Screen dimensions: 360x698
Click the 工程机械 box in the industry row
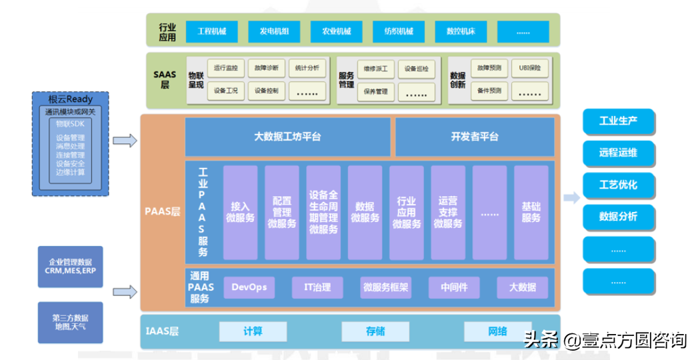211,31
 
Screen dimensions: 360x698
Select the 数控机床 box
461,31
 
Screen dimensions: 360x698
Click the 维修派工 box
376,68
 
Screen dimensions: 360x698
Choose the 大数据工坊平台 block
287,137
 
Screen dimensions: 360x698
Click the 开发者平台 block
474,137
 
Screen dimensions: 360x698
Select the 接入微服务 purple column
240,212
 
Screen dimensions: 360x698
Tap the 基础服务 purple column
531,212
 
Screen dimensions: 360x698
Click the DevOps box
249,287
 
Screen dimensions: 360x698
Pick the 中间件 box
453,287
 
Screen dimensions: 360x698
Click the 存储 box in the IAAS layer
375,331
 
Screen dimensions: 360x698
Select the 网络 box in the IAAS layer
497,331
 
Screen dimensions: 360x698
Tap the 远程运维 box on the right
618,153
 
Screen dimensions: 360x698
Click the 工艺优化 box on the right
618,184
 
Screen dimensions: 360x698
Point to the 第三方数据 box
70,322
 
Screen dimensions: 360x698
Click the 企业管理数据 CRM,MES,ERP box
70,267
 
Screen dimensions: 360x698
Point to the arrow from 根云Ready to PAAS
125,141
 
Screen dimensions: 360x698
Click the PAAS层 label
162,212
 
